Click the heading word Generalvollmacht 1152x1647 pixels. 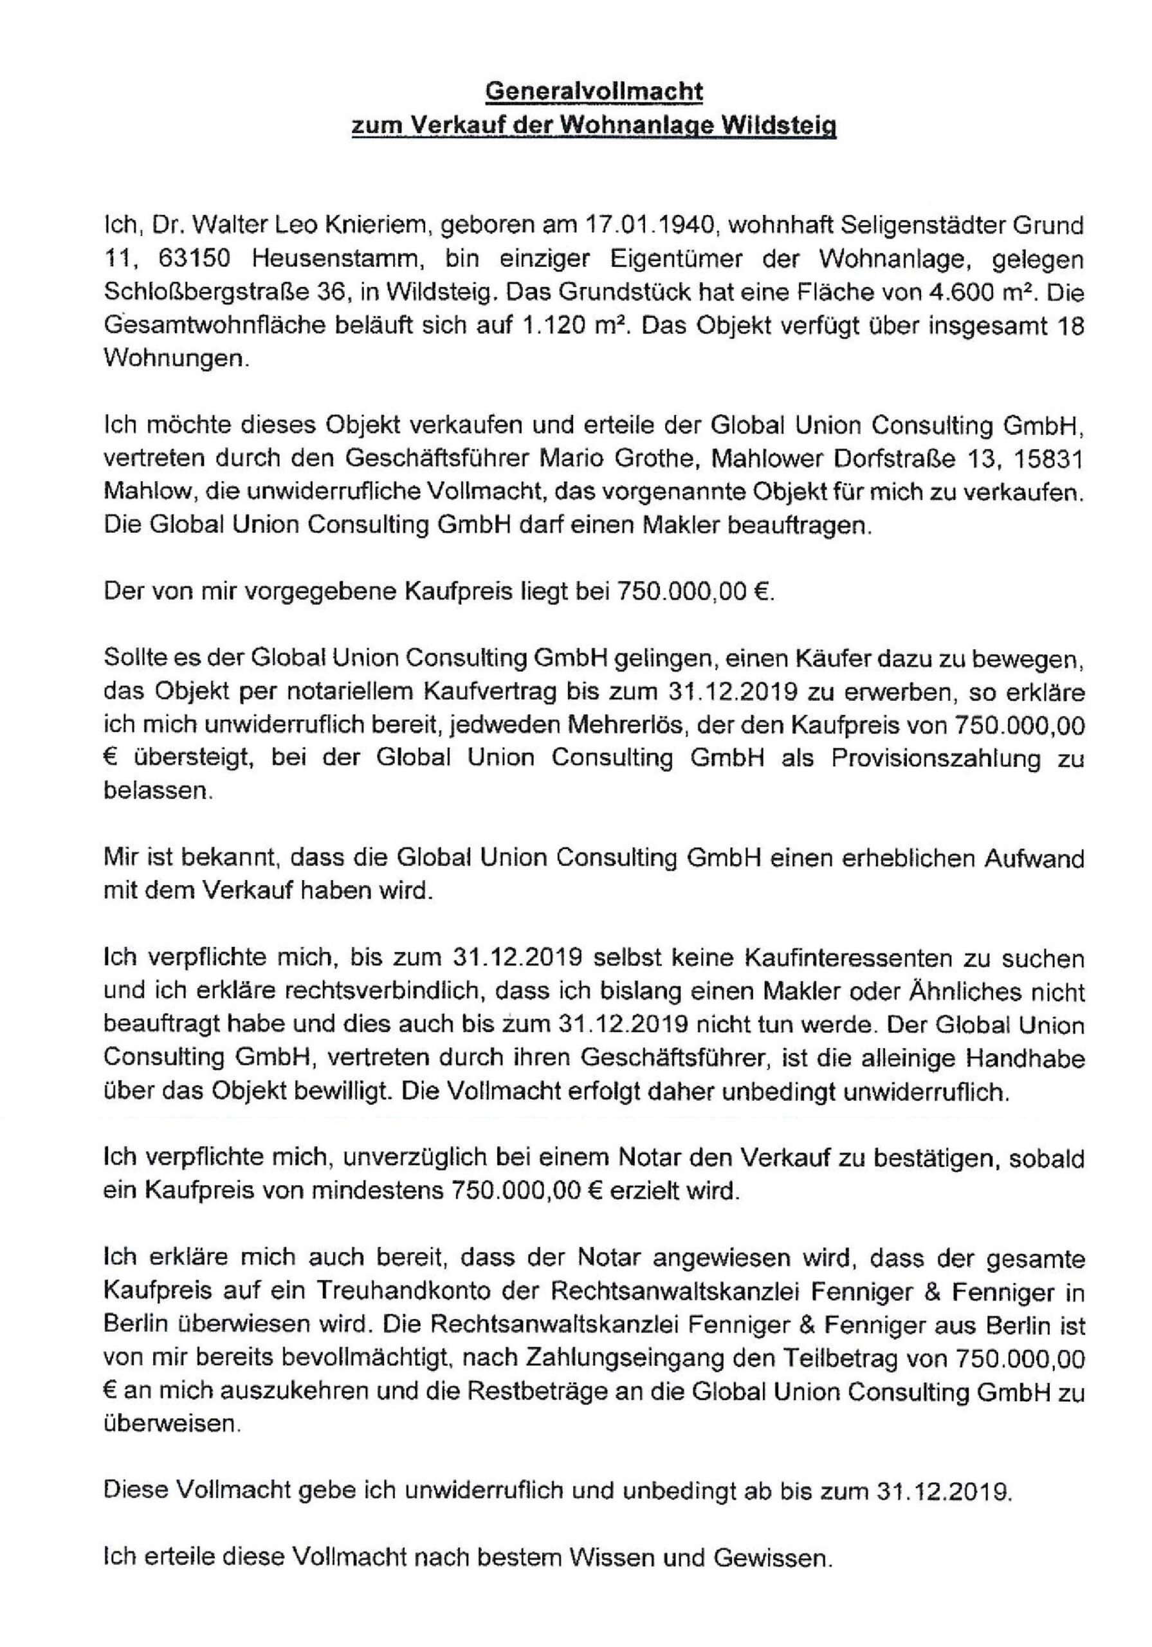[594, 91]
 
